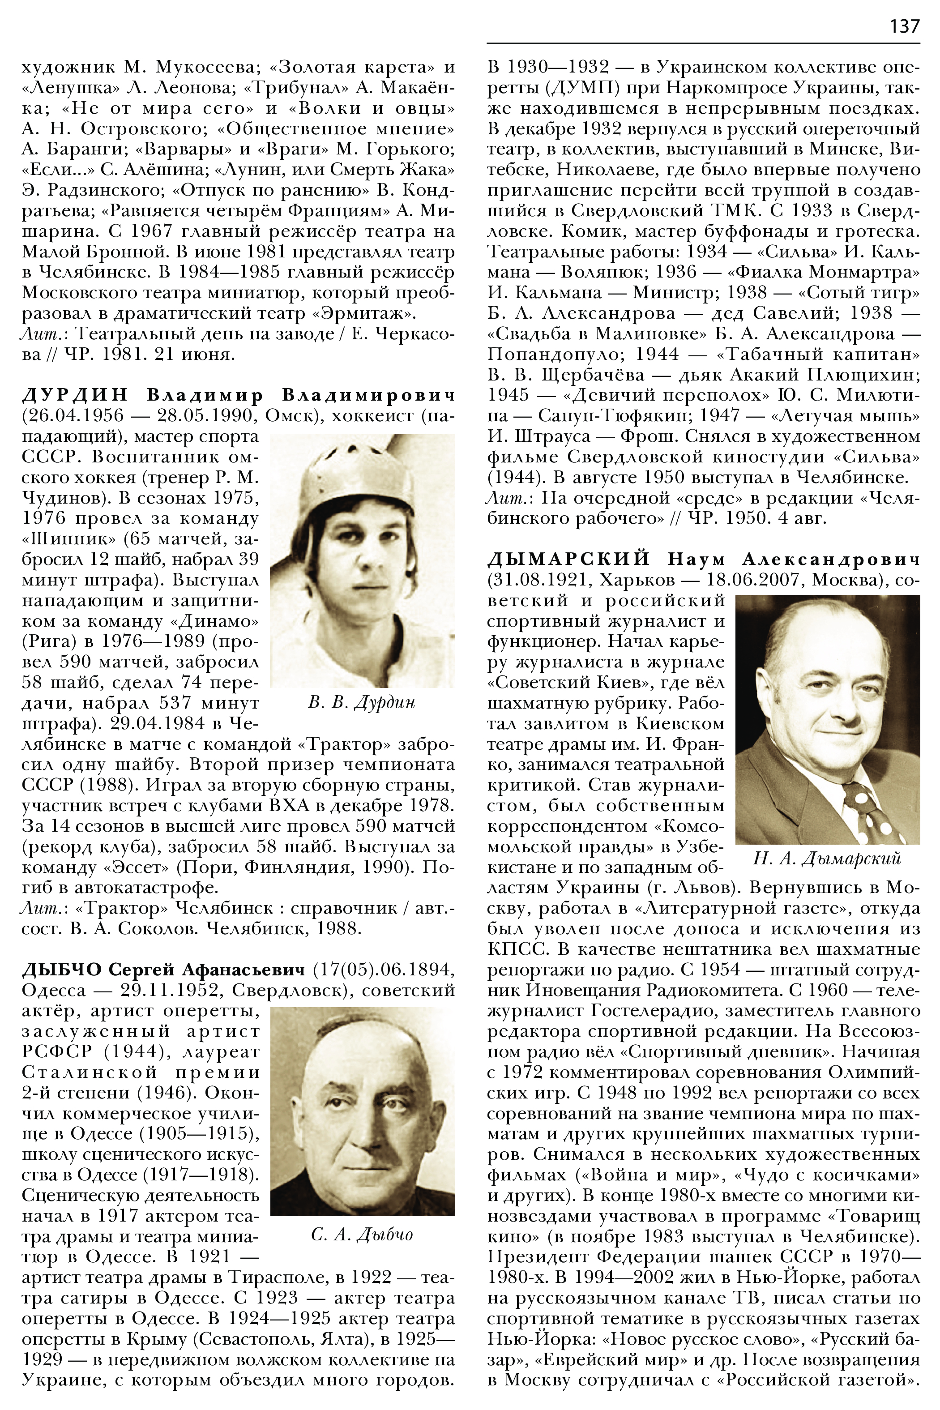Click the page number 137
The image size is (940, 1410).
(904, 26)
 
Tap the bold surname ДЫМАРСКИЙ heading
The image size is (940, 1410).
(569, 560)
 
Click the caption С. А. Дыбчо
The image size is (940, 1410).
(362, 1235)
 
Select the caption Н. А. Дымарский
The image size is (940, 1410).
(827, 859)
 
